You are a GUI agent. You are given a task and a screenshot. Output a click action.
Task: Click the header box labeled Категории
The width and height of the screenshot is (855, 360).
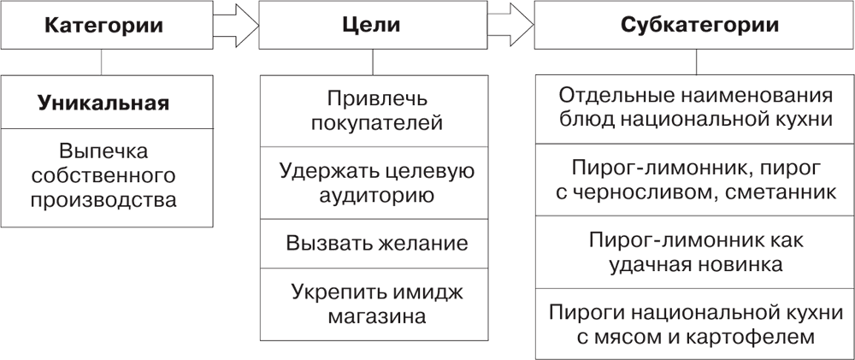106,25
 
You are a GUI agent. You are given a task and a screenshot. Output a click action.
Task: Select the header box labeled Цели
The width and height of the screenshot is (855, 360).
373,25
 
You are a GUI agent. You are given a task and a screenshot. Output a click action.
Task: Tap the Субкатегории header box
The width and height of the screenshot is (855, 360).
694,25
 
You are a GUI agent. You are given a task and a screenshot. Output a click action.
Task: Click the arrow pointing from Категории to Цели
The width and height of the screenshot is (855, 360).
236,25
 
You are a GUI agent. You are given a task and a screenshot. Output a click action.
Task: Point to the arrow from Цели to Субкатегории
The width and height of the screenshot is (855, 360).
511,25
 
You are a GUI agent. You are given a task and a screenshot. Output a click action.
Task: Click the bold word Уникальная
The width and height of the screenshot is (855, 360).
103,103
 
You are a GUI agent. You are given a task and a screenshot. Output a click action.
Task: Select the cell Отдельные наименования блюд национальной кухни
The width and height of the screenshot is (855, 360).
694,109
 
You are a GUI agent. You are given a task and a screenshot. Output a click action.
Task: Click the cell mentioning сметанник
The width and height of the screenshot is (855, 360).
694,180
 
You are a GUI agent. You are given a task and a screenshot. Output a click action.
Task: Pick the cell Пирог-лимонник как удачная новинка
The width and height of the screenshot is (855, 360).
694,252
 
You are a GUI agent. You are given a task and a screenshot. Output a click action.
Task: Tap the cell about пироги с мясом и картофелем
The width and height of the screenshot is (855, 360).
694,324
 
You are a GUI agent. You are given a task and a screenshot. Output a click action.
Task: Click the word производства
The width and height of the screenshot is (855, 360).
103,200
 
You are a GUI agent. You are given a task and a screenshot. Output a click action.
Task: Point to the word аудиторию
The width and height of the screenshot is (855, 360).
377,195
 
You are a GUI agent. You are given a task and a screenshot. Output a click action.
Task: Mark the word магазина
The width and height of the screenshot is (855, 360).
377,316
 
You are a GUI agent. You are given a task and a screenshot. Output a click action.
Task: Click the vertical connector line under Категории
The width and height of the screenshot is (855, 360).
102,62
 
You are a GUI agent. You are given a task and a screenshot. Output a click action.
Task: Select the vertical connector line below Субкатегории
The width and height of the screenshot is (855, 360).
696,62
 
